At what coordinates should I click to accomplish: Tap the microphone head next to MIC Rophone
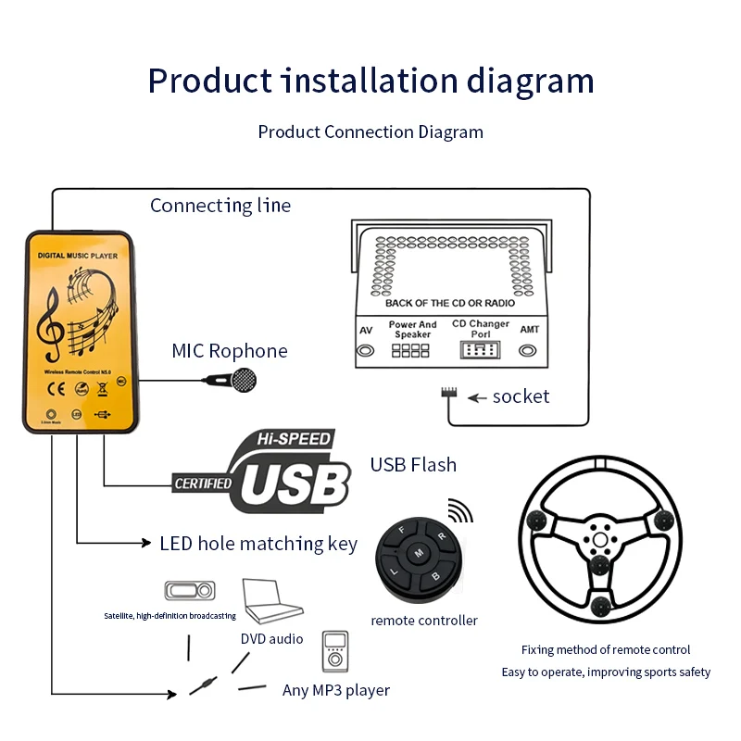click(x=244, y=379)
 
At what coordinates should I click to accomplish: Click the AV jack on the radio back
click(x=367, y=351)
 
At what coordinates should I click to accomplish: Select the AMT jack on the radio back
click(x=529, y=351)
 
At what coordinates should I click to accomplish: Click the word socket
click(x=521, y=396)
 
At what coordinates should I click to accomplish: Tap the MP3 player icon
click(x=334, y=654)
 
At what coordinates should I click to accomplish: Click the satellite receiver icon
click(x=190, y=591)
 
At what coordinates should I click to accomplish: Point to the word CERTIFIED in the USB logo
click(x=203, y=483)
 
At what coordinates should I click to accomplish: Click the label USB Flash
click(x=413, y=464)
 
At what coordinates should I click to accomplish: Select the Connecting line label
click(x=220, y=206)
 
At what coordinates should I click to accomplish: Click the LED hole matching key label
click(x=257, y=544)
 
